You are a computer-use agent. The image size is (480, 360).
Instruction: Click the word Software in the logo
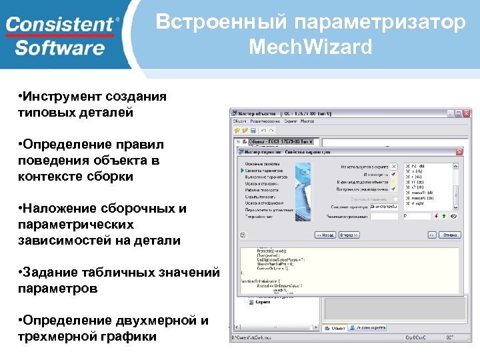(60, 48)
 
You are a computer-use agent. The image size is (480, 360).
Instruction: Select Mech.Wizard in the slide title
(310, 48)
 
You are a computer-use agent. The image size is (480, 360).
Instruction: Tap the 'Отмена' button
(450, 235)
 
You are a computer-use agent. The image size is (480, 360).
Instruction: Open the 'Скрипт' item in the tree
(263, 301)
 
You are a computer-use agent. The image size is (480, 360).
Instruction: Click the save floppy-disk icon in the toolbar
(253, 131)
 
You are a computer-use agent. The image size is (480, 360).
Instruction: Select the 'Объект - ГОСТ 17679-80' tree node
(280, 142)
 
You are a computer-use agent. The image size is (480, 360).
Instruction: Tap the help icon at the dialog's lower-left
(243, 235)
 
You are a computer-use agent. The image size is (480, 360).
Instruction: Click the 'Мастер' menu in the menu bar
(307, 121)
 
